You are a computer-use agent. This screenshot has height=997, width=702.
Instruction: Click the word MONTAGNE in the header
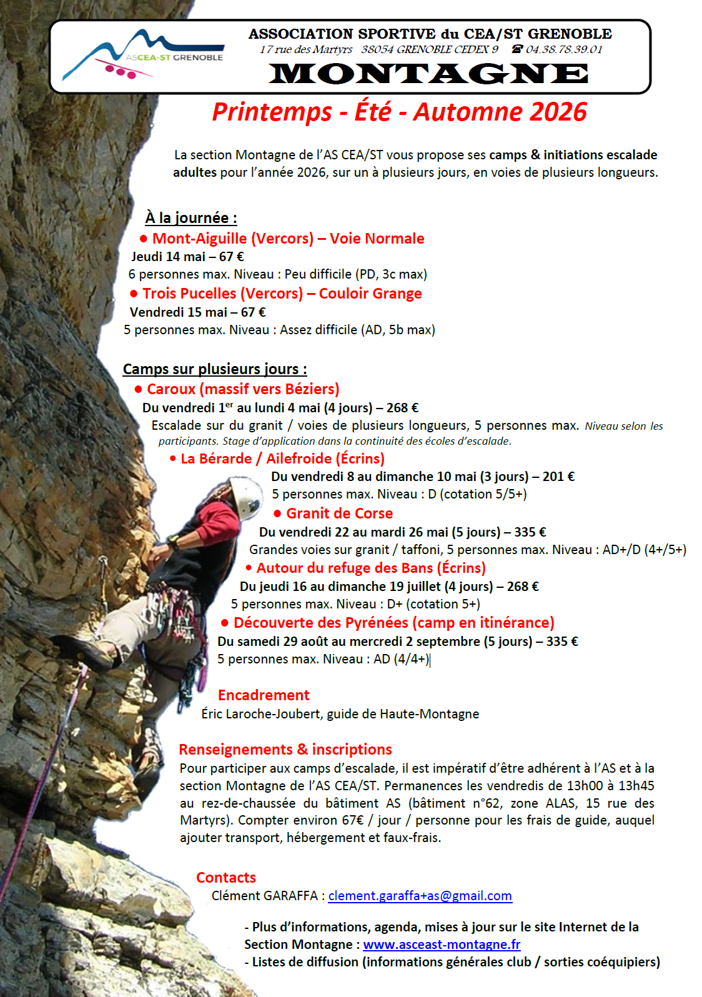(428, 74)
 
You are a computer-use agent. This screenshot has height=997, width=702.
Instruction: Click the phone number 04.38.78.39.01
(563, 49)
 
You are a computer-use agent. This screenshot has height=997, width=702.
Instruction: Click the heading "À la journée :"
(191, 218)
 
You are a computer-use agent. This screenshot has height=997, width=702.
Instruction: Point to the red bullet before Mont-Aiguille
(144, 239)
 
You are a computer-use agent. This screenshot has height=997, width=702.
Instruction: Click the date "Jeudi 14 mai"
(168, 257)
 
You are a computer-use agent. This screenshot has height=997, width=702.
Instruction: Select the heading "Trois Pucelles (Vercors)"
(222, 294)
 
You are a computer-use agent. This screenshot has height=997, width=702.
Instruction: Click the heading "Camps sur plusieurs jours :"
(215, 369)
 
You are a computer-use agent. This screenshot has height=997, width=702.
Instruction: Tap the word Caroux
(171, 389)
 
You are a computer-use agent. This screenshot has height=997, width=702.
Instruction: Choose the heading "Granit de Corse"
(339, 513)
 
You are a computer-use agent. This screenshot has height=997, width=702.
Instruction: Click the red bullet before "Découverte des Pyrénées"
(225, 623)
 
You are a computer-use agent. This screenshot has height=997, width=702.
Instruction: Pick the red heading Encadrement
(264, 695)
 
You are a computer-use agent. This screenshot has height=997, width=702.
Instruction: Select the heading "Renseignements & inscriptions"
(285, 750)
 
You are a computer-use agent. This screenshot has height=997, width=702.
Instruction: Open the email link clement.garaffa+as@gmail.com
(420, 896)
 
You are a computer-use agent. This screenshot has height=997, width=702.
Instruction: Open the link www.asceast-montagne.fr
(442, 945)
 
